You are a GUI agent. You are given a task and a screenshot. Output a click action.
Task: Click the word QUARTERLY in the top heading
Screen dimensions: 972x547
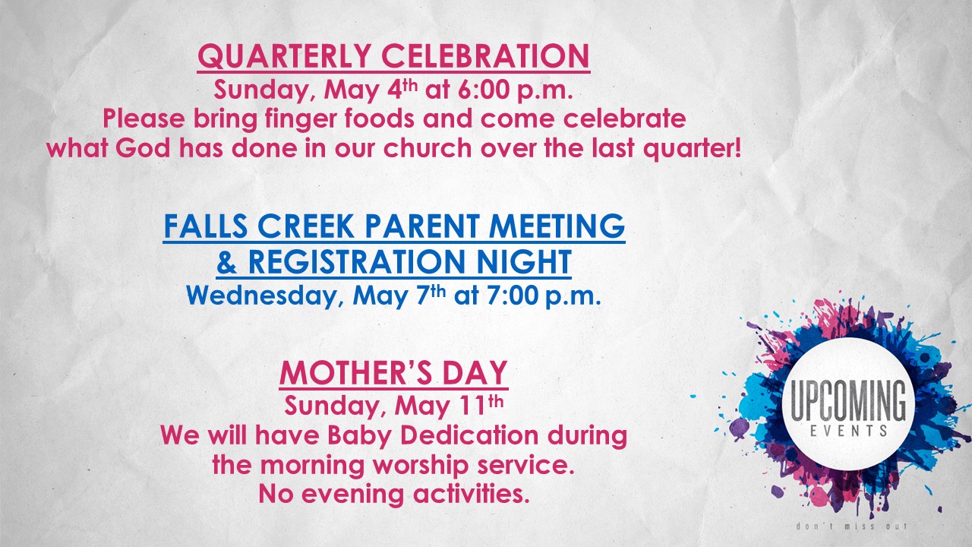pyautogui.click(x=284, y=56)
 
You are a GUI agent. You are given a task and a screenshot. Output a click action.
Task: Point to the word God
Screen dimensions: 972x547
pyautogui.click(x=143, y=148)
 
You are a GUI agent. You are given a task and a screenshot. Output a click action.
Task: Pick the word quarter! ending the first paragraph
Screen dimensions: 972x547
pyautogui.click(x=692, y=149)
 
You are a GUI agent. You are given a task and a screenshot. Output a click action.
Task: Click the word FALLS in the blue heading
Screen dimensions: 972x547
pyautogui.click(x=206, y=226)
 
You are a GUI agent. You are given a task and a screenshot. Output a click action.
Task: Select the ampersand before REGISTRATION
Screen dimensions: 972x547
pyautogui.click(x=227, y=262)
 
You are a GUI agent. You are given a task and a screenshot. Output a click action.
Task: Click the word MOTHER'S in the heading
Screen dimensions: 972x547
pyautogui.click(x=355, y=373)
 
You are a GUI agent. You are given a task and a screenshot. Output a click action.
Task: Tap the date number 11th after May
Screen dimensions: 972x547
pyautogui.click(x=481, y=405)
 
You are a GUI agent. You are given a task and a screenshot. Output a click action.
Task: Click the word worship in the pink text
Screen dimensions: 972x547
pyautogui.click(x=421, y=465)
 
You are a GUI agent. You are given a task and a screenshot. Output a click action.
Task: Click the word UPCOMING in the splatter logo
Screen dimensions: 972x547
pyautogui.click(x=848, y=401)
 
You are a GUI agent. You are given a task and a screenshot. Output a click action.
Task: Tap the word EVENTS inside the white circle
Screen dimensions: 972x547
pyautogui.click(x=848, y=431)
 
